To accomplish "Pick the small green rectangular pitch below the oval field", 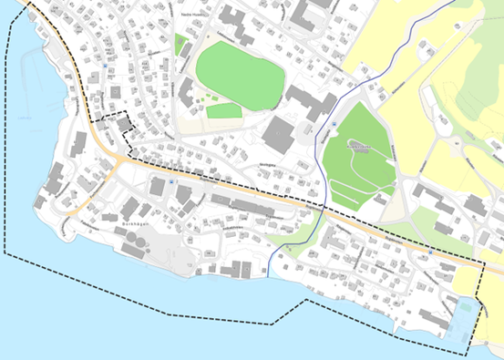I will tap(223, 111).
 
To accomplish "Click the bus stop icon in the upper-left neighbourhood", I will tap(108, 66).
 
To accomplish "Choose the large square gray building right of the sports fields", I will tap(278, 135).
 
